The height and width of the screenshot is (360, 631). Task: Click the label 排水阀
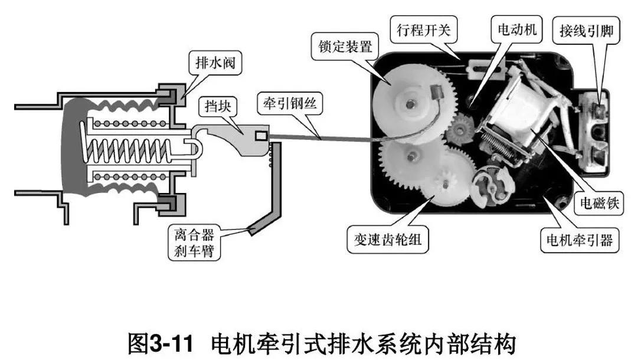point(214,61)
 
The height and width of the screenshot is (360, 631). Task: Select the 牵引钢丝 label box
point(286,103)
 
